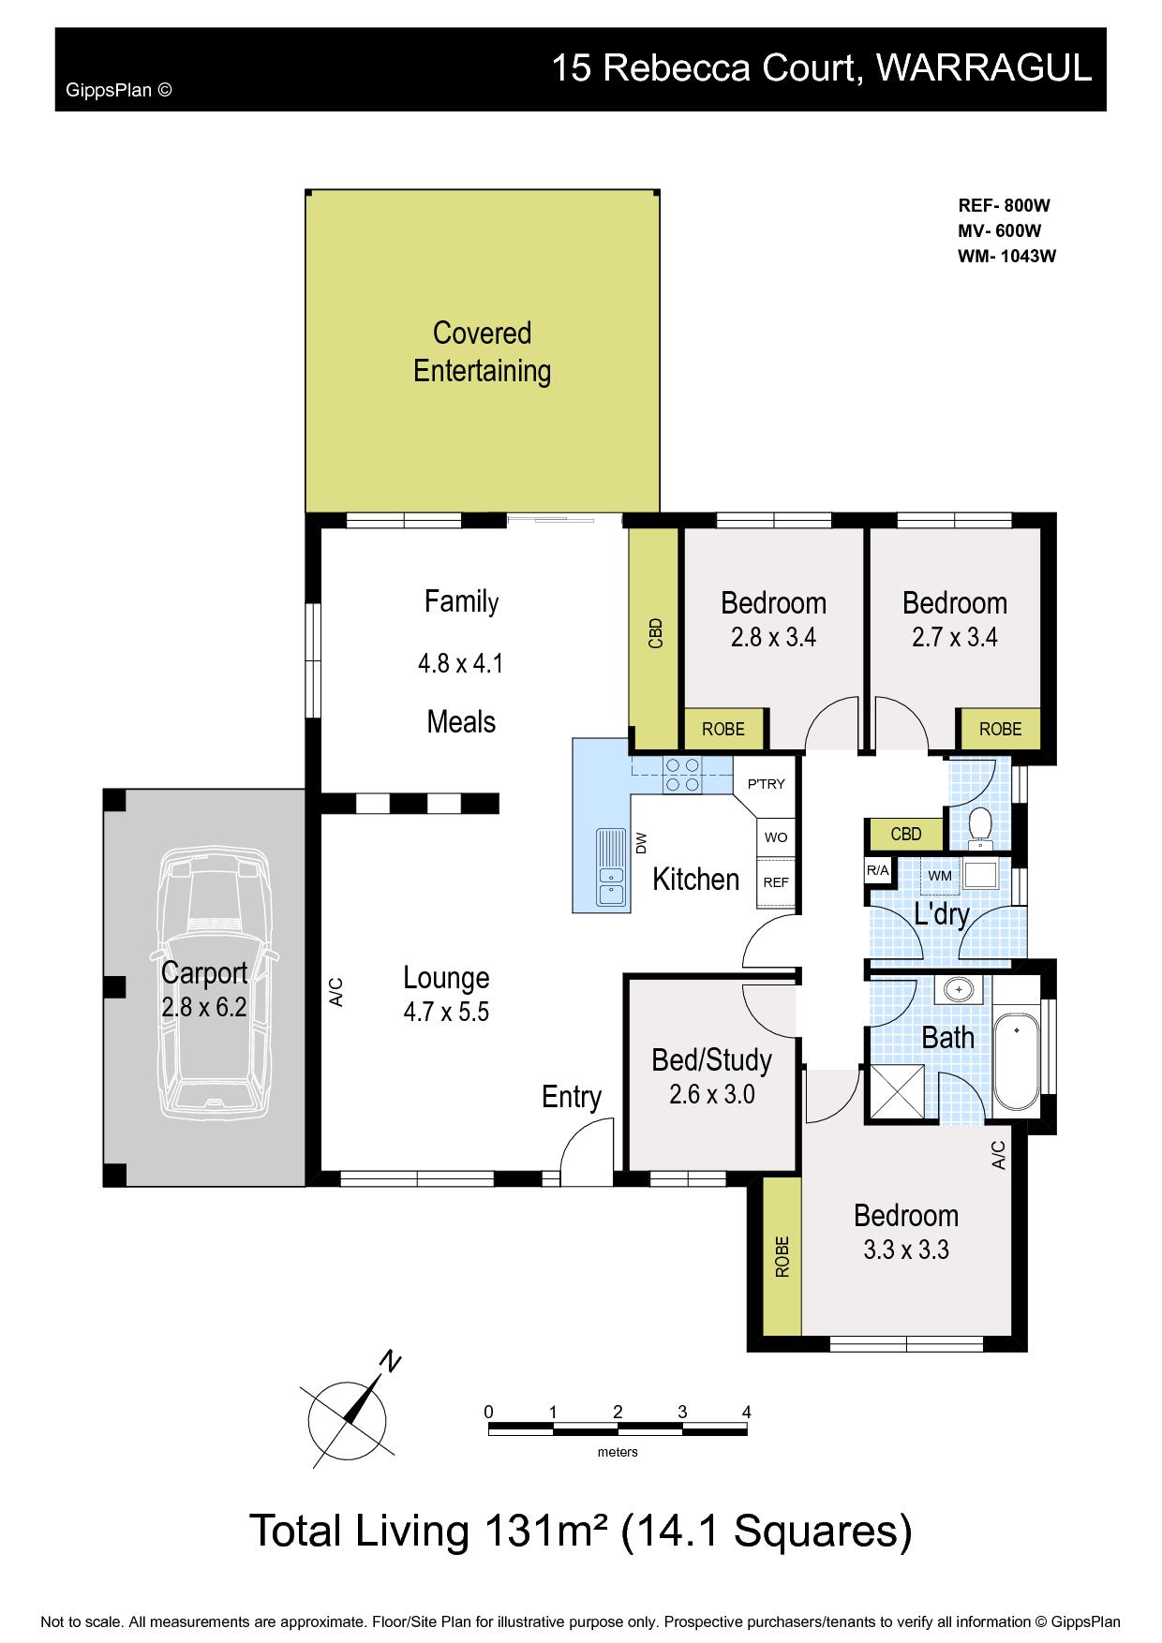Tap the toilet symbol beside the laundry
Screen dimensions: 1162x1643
point(980,824)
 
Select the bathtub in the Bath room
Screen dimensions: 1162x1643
point(1017,1061)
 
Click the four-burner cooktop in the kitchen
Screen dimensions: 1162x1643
point(681,774)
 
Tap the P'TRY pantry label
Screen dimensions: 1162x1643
point(766,784)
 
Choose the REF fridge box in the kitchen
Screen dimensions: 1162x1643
point(776,882)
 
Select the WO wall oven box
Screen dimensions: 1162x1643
point(776,837)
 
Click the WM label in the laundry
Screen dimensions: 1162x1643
point(939,875)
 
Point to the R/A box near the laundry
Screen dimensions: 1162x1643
point(878,870)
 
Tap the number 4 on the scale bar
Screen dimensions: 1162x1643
point(746,1412)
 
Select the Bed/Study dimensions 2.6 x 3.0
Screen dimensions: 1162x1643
point(712,1093)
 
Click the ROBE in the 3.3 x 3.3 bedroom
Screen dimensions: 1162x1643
point(782,1257)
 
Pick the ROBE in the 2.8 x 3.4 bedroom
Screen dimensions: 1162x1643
point(723,729)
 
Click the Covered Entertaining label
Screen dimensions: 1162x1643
point(482,352)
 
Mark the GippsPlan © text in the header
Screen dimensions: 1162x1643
point(119,91)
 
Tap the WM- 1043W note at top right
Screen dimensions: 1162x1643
point(1007,257)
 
